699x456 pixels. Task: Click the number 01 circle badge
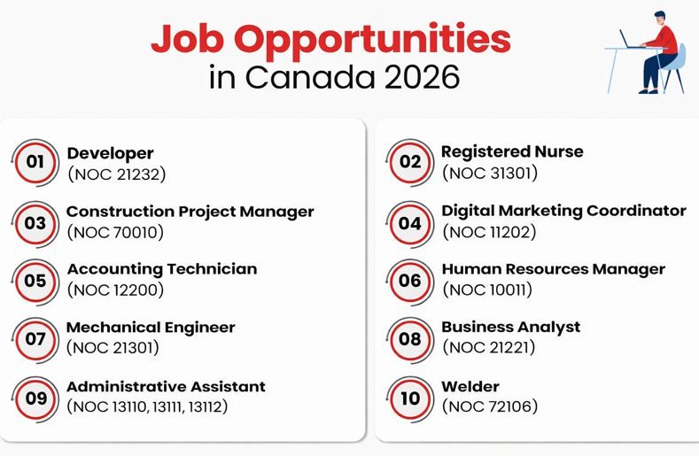pyautogui.click(x=35, y=162)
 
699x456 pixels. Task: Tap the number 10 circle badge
pyautogui.click(x=409, y=398)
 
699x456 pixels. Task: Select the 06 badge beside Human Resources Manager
pyautogui.click(x=409, y=281)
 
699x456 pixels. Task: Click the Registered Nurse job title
pyautogui.click(x=512, y=151)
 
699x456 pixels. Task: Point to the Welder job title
pyautogui.click(x=470, y=387)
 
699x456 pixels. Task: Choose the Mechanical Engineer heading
pyautogui.click(x=151, y=328)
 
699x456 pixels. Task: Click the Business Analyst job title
pyautogui.click(x=511, y=327)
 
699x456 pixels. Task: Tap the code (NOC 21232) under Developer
pyautogui.click(x=117, y=174)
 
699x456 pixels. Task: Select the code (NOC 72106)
pyautogui.click(x=490, y=407)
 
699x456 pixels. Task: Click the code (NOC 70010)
pyautogui.click(x=116, y=233)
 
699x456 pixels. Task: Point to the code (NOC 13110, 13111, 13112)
pyautogui.click(x=148, y=406)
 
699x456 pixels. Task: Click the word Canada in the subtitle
pyautogui.click(x=310, y=77)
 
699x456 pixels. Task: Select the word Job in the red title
pyautogui.click(x=191, y=40)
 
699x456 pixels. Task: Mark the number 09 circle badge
pyautogui.click(x=35, y=398)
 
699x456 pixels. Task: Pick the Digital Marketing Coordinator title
pyautogui.click(x=563, y=211)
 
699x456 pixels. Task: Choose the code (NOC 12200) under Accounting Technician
pyautogui.click(x=116, y=290)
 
